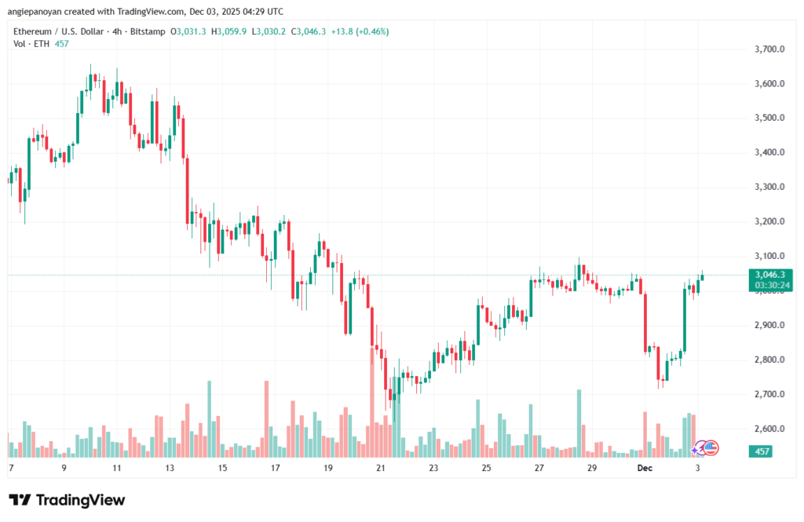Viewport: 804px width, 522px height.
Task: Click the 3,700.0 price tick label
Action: [769, 49]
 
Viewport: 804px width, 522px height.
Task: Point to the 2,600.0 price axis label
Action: [769, 429]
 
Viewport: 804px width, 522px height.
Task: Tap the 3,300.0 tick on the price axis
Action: [769, 187]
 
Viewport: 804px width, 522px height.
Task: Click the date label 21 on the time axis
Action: [381, 468]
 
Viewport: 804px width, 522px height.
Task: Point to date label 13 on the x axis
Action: [170, 468]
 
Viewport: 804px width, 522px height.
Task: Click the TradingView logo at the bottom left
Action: [67, 500]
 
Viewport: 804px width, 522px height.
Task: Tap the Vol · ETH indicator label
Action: [30, 43]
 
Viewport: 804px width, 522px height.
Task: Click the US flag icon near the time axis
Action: [711, 447]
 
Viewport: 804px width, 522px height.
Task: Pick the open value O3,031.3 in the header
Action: [188, 31]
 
